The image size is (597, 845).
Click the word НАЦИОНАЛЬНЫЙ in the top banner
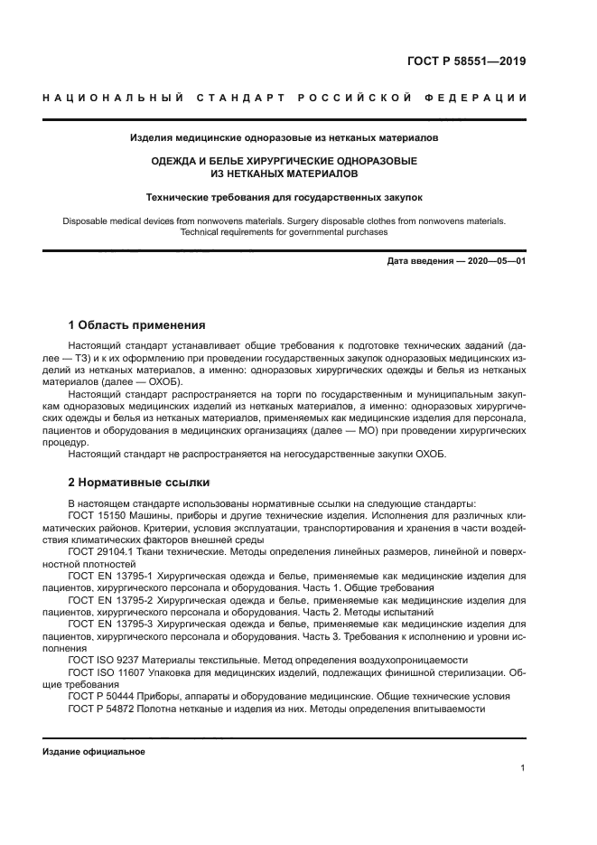[111, 97]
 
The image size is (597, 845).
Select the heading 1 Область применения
[137, 324]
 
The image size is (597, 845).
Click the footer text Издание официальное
[94, 752]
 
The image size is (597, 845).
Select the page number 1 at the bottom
[523, 768]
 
